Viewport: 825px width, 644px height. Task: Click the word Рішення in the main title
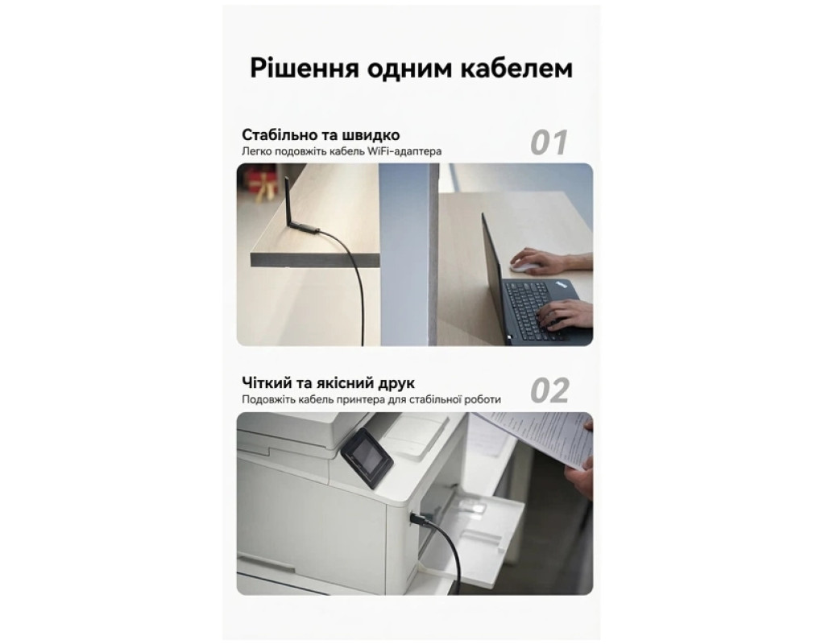304,69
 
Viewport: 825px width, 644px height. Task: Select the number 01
549,142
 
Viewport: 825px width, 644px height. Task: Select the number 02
549,390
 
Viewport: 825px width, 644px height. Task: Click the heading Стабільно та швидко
321,135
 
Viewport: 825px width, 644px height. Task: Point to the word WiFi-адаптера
404,151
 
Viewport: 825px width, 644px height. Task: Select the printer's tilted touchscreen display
367,458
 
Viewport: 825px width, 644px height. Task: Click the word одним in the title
408,69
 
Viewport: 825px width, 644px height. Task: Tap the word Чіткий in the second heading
267,382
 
